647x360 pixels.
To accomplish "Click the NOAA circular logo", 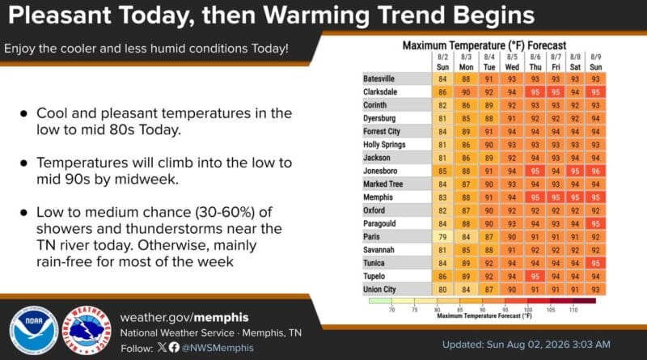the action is pyautogui.click(x=34, y=330).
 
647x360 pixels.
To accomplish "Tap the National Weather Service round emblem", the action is pyautogui.click(x=87, y=330).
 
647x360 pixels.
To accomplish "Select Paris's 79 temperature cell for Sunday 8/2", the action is pyautogui.click(x=442, y=237).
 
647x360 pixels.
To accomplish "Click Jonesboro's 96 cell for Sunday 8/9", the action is pyautogui.click(x=595, y=171).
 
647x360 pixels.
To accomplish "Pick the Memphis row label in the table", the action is pyautogui.click(x=378, y=197).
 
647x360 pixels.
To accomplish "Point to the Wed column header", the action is pyautogui.click(x=512, y=67).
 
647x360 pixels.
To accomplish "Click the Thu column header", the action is pyautogui.click(x=535, y=67).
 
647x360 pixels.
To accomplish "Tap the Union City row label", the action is pyautogui.click(x=379, y=290).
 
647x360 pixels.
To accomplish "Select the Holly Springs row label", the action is pyautogui.click(x=384, y=145).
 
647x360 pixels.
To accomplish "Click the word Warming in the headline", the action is pyautogui.click(x=316, y=15).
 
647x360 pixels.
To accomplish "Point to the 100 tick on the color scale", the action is pyautogui.click(x=528, y=310).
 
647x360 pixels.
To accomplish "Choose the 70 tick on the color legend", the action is pyautogui.click(x=391, y=310).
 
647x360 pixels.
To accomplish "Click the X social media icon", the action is pyautogui.click(x=163, y=347).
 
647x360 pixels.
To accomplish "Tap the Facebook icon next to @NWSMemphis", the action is pyautogui.click(x=174, y=347).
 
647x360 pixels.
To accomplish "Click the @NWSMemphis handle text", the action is pyautogui.click(x=218, y=348).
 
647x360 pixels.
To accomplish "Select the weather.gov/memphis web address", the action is pyautogui.click(x=184, y=317).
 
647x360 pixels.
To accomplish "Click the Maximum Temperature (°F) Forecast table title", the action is pyautogui.click(x=484, y=45).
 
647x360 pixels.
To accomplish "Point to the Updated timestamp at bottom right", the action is pyautogui.click(x=526, y=345).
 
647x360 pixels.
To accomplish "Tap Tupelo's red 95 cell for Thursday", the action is pyautogui.click(x=535, y=277).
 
